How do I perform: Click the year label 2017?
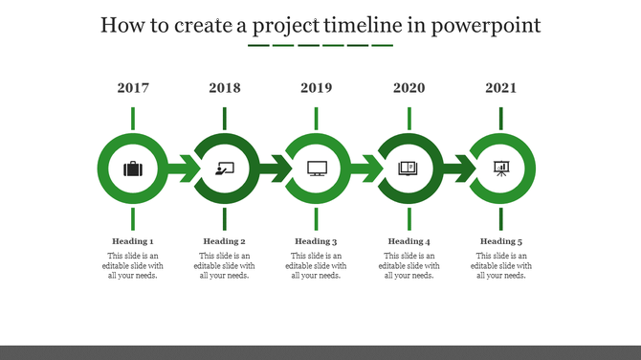(133, 88)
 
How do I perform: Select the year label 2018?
(225, 88)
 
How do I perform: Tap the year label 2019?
(317, 88)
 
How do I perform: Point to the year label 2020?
(409, 88)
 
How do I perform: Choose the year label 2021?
(500, 88)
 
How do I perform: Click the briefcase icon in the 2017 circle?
(133, 169)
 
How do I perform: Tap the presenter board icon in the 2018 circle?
(225, 169)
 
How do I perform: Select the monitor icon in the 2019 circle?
(317, 169)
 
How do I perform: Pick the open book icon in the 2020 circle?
(409, 169)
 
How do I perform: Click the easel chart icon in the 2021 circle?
(500, 169)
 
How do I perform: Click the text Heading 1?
(133, 241)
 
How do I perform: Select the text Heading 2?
(225, 241)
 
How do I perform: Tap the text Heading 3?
(317, 241)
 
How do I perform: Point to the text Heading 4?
(409, 241)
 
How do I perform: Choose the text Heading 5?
(500, 241)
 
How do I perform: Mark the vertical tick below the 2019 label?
(317, 119)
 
